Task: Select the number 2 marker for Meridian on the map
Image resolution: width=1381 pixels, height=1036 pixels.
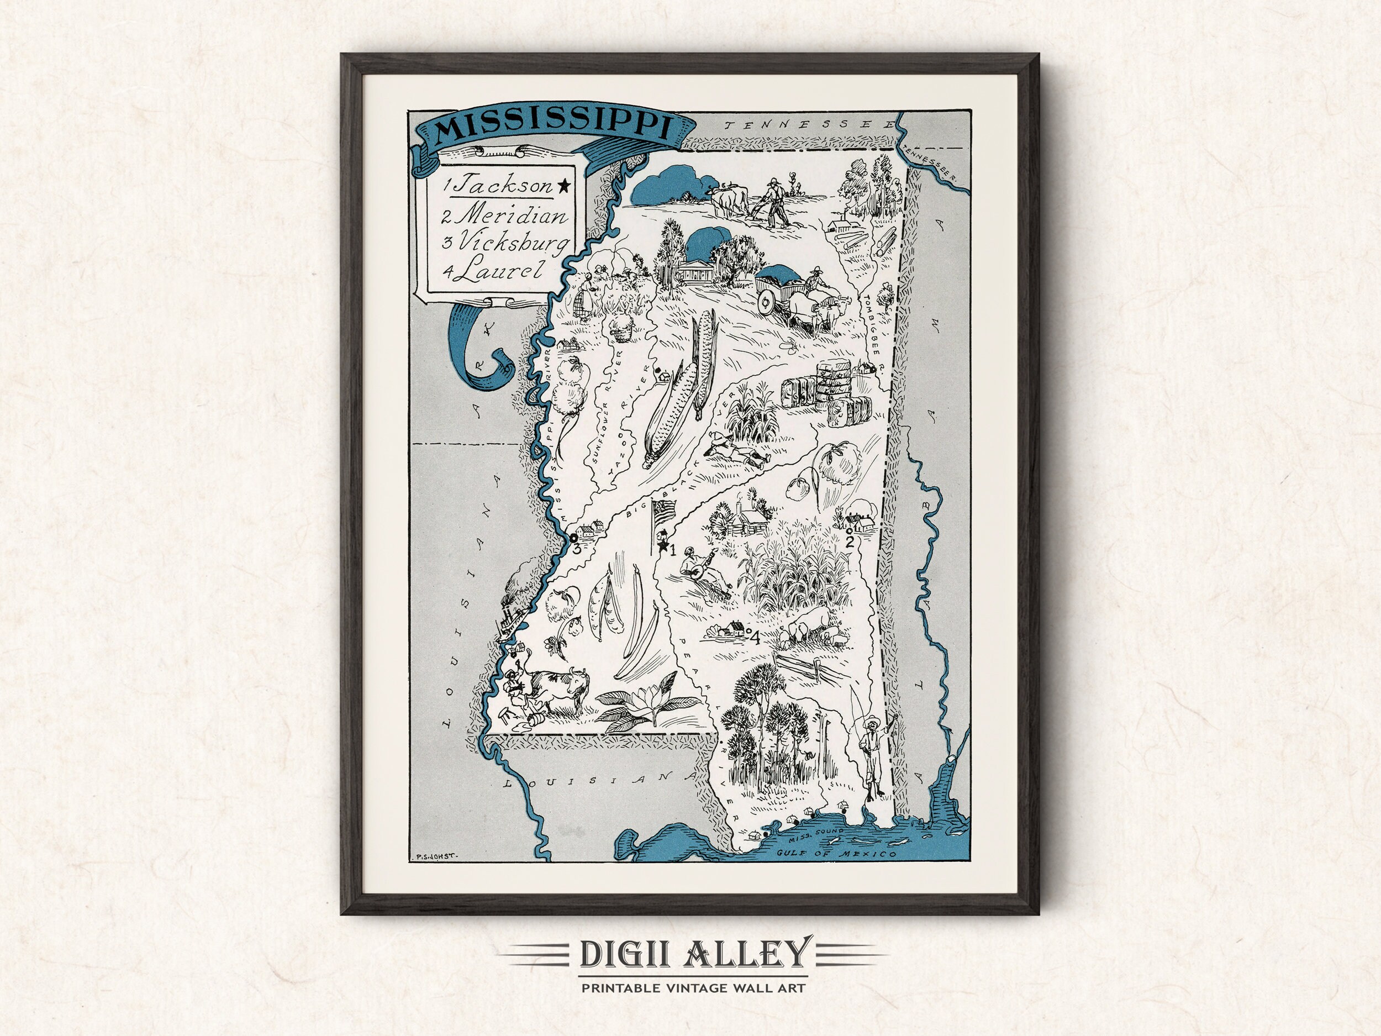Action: coord(848,541)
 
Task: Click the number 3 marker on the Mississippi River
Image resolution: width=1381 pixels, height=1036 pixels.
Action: coord(576,549)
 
